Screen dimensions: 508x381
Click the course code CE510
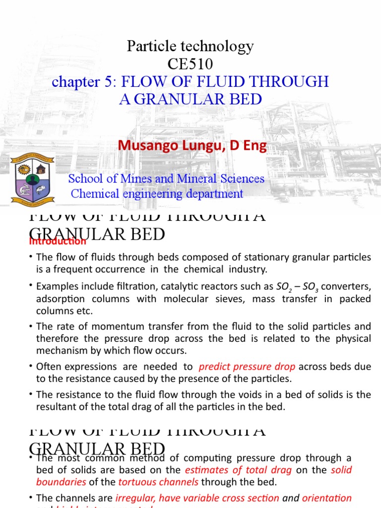(190, 64)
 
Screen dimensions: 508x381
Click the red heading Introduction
(58, 242)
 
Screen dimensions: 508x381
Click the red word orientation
(327, 498)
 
